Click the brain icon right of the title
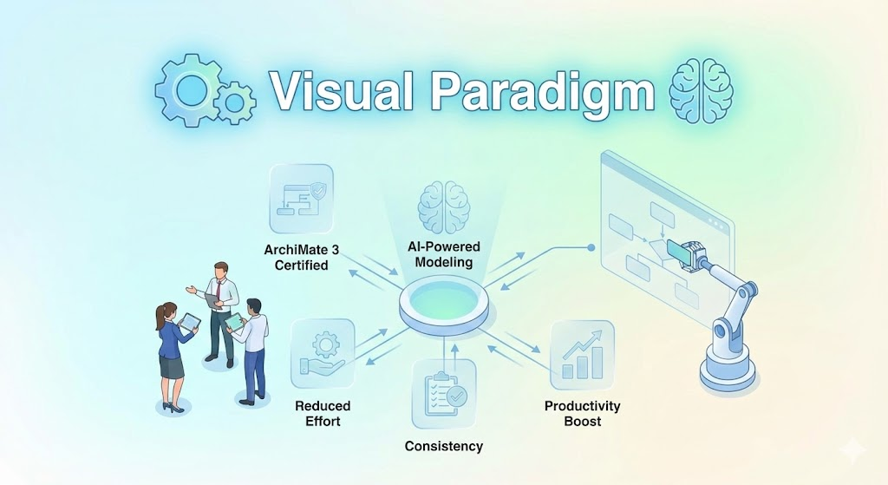pos(702,90)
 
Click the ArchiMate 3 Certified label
pos(296,257)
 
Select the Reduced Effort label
pos(323,413)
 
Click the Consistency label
pos(444,446)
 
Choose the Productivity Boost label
pos(582,413)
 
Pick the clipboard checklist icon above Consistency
pos(444,394)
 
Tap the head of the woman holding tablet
pos(166,311)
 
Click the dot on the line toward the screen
pos(591,247)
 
